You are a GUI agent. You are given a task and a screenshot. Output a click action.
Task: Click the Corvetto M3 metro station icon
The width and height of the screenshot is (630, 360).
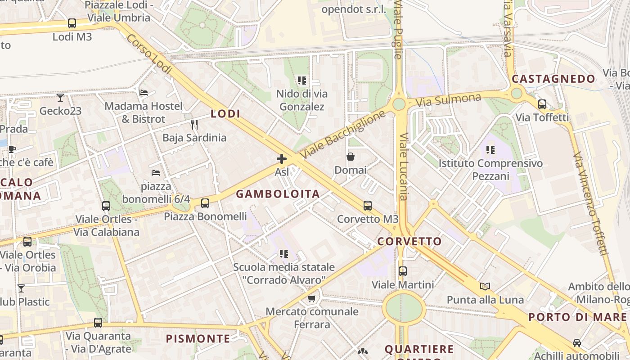coord(368,206)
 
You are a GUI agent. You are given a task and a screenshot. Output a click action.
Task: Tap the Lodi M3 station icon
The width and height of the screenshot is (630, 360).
coord(72,23)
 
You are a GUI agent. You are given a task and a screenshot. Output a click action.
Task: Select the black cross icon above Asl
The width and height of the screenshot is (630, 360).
coord(282,158)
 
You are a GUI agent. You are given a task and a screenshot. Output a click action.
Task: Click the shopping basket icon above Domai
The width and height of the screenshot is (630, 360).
coord(350,157)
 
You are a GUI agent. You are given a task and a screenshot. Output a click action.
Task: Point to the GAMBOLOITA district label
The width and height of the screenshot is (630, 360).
coord(278,194)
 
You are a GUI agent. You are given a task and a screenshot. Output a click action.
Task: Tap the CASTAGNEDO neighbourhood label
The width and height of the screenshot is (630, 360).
coord(553,79)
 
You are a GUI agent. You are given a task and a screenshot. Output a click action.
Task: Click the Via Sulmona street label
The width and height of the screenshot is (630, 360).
coord(448,99)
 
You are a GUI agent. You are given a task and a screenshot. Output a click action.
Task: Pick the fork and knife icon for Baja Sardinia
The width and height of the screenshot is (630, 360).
coord(194,124)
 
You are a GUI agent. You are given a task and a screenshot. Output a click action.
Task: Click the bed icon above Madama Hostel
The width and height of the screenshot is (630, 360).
coord(144,92)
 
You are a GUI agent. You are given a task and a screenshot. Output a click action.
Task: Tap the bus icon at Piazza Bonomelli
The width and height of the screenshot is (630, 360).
coord(205,203)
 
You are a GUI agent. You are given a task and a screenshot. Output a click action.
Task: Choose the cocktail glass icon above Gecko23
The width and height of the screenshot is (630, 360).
coord(60,97)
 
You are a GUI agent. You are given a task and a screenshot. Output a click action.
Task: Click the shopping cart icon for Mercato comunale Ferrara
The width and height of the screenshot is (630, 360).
coord(311,298)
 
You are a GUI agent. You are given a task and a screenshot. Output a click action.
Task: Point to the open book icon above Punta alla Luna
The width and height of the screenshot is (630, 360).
coord(485,286)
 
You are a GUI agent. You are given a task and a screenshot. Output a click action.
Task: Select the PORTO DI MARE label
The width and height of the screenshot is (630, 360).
coord(577,317)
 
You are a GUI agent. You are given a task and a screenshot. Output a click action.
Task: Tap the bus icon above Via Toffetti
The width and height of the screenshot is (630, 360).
coord(542,104)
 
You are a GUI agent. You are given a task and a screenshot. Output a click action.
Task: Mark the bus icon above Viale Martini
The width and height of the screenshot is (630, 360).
coord(403,271)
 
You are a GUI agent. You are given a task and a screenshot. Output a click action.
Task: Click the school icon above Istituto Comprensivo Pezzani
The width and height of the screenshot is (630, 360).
coord(490,149)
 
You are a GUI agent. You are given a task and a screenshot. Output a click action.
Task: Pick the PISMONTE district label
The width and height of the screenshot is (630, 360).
coord(198,338)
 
